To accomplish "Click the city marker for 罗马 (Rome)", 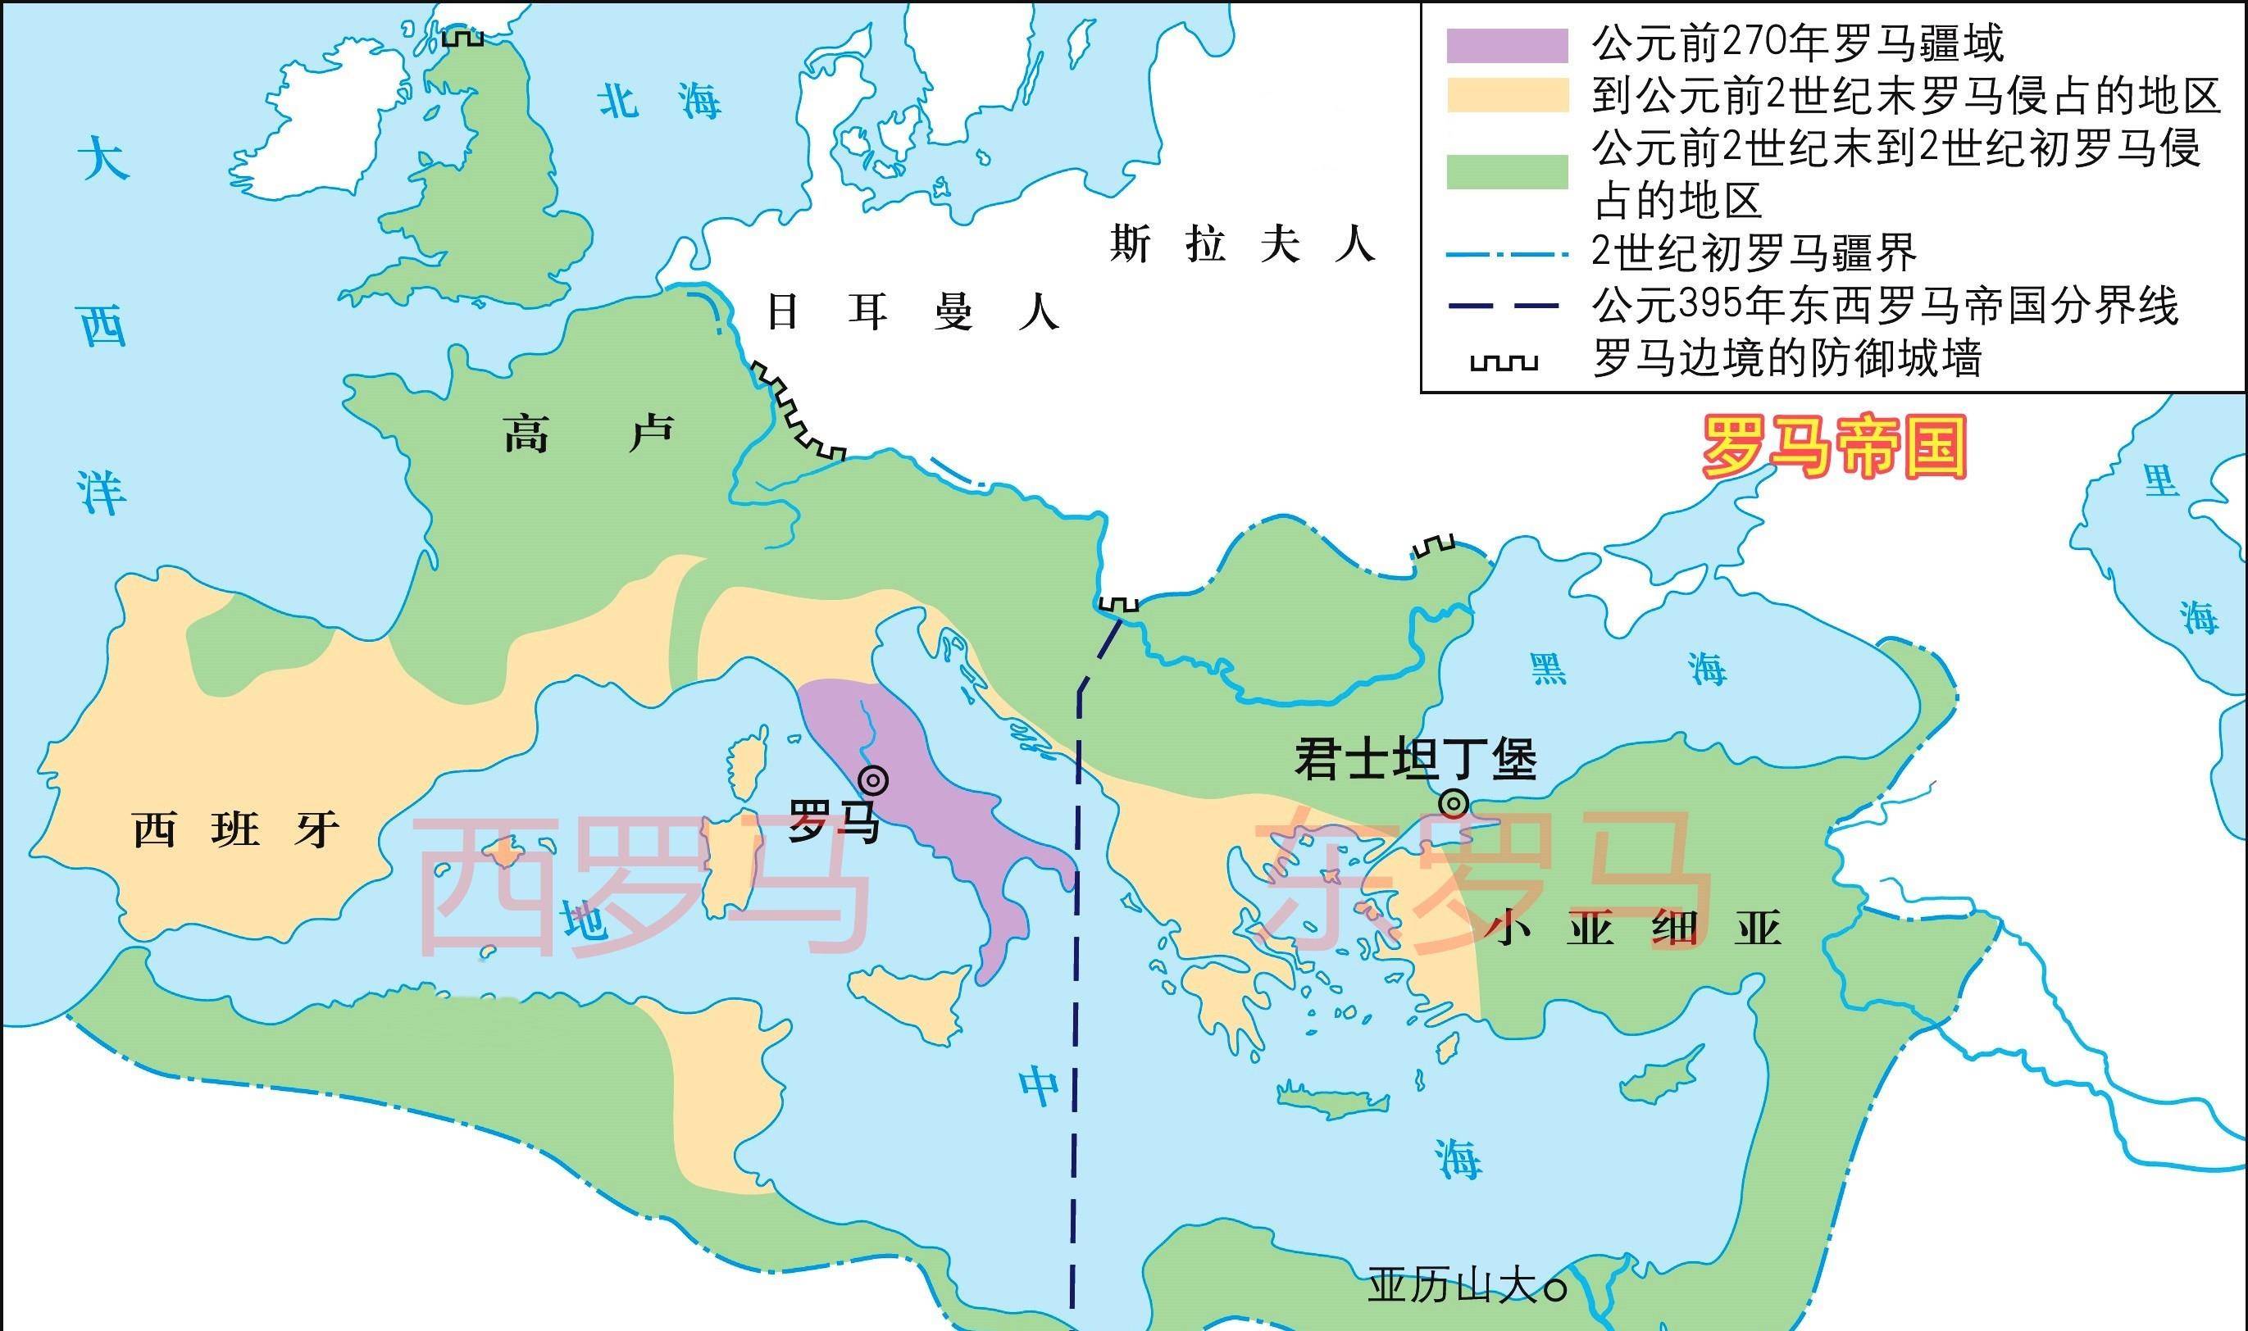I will click(873, 780).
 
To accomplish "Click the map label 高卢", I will click(588, 435).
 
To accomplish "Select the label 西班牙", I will click(236, 829).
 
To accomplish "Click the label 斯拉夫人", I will click(1241, 244).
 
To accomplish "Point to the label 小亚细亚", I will click(1638, 929).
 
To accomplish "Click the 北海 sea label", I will click(660, 101).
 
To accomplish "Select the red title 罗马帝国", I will click(1833, 447).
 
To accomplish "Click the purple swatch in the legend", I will click(1507, 46).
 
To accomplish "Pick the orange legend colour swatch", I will click(1507, 96).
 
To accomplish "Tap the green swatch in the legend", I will click(1507, 171).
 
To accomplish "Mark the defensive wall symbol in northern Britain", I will click(463, 37).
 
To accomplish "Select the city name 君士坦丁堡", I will click(1416, 760).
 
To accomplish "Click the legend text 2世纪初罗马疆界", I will click(1754, 253).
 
